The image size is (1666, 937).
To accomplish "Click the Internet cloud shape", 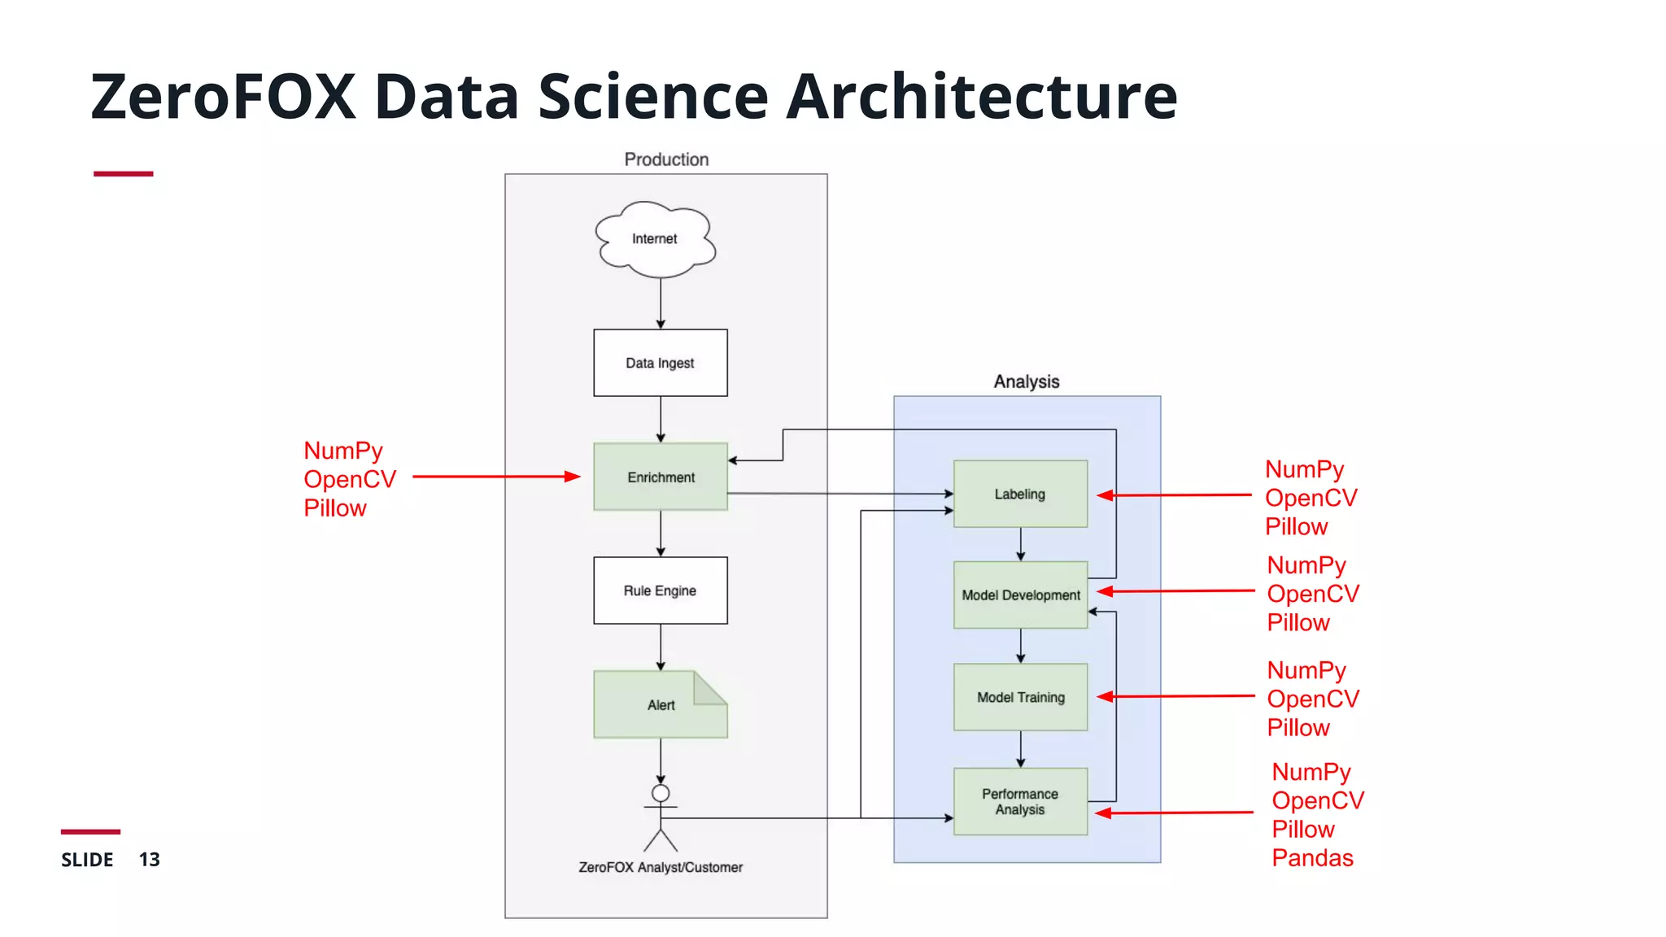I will (656, 238).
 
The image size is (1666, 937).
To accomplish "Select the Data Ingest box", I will (660, 363).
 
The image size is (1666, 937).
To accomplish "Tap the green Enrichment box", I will (660, 477).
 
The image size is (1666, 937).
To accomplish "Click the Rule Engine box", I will (660, 591).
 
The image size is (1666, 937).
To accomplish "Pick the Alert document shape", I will (660, 704).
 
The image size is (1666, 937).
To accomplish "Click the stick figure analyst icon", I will (661, 817).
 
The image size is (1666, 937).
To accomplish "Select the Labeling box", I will (1020, 494).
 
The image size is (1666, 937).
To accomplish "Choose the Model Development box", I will (1020, 595).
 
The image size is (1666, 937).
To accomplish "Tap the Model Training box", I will (1020, 697).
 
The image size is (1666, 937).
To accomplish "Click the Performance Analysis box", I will (1020, 801).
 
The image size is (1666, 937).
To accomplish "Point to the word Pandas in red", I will (1312, 858).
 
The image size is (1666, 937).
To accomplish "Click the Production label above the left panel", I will (666, 159).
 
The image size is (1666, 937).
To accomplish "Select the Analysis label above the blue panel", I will (1027, 381).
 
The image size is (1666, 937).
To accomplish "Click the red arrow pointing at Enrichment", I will (496, 477).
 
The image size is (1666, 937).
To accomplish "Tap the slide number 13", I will (149, 860).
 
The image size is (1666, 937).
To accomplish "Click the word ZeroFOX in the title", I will (223, 97).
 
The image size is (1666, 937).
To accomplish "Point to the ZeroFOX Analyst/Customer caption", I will (661, 868).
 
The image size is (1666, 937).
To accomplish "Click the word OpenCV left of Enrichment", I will (350, 479).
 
